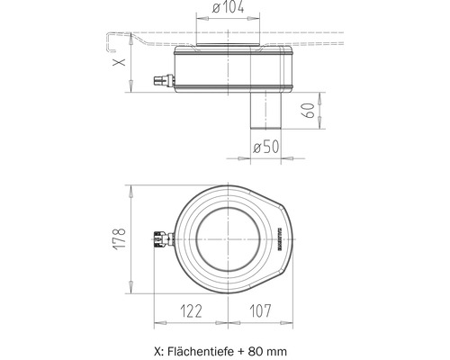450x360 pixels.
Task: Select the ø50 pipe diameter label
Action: click(x=266, y=147)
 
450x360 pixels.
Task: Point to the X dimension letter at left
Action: click(x=115, y=65)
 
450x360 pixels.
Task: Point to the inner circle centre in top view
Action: click(x=229, y=238)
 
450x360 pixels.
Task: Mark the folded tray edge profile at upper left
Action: click(x=110, y=40)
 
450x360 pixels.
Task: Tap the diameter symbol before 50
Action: click(x=256, y=147)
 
